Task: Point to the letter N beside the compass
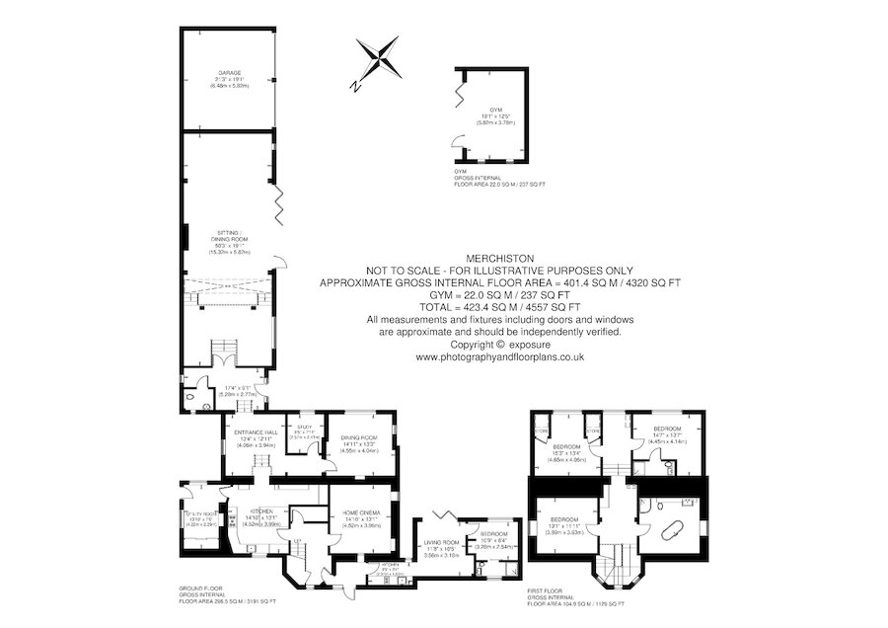(354, 86)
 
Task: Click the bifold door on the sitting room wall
(280, 201)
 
